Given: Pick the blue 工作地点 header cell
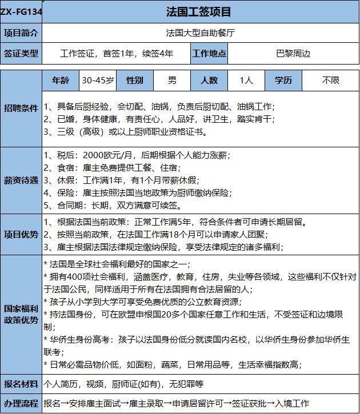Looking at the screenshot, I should [210, 54].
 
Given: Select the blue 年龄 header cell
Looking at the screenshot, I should [61, 81].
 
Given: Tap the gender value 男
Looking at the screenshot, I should [172, 81].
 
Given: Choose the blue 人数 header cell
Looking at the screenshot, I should [210, 81].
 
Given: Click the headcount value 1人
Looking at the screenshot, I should [247, 81].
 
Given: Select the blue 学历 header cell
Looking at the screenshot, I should [284, 81].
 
